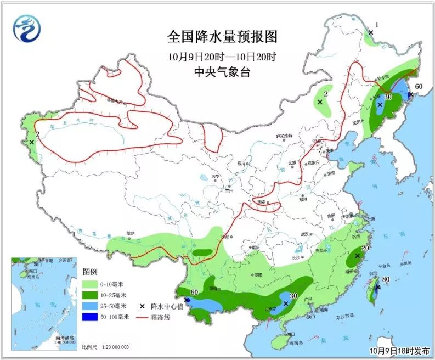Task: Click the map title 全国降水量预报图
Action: [x=222, y=37]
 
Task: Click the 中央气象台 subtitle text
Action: [x=222, y=72]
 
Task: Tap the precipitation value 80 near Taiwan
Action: [x=385, y=279]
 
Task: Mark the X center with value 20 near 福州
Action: [x=357, y=256]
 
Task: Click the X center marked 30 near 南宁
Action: [x=286, y=303]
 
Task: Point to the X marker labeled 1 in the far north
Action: [x=371, y=33]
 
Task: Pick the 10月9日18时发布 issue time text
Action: [x=399, y=351]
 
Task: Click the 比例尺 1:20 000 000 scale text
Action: [x=105, y=347]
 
